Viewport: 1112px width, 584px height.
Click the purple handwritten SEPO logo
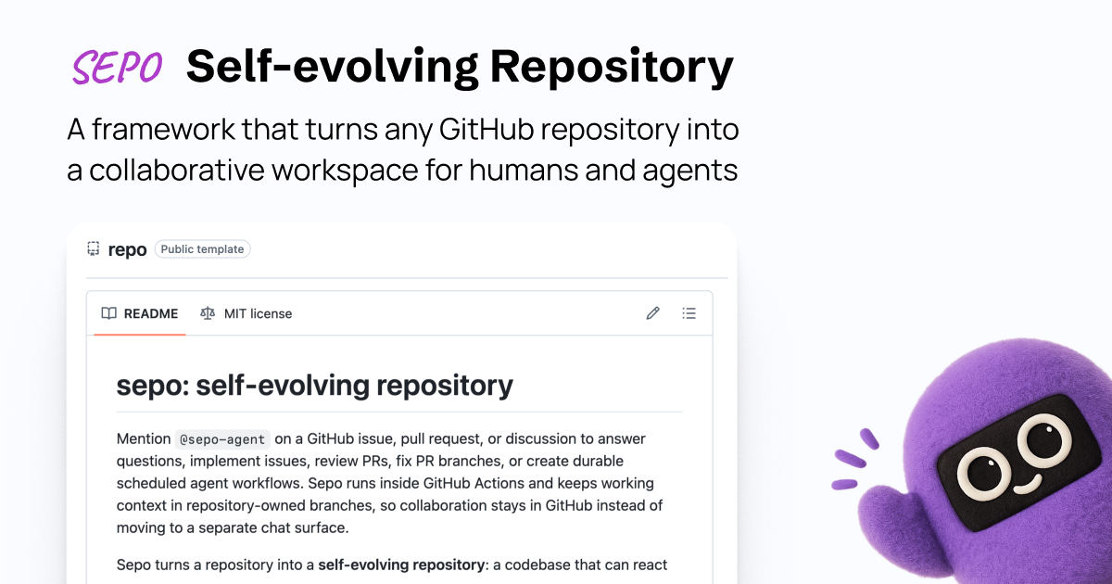coord(117,67)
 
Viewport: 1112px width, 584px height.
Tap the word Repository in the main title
coord(612,68)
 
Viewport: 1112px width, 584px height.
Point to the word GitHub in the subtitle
coord(486,129)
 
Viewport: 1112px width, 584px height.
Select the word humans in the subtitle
coord(524,170)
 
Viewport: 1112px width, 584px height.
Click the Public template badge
coord(202,248)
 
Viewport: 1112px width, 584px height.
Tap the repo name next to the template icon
coord(127,249)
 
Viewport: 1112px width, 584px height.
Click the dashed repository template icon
coord(94,248)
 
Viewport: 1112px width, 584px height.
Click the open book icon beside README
coord(109,313)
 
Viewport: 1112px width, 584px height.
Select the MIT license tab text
coord(258,314)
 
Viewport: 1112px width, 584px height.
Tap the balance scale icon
coord(208,313)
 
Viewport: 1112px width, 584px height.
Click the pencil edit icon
coord(652,313)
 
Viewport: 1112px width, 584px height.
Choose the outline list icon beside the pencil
coord(689,313)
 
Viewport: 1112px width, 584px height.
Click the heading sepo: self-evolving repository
coord(315,386)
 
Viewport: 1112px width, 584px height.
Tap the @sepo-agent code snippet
coord(222,439)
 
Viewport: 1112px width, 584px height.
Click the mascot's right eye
coord(1044,439)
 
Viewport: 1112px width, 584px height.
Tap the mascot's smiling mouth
coord(1027,484)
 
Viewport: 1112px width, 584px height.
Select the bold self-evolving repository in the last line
coord(401,565)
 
